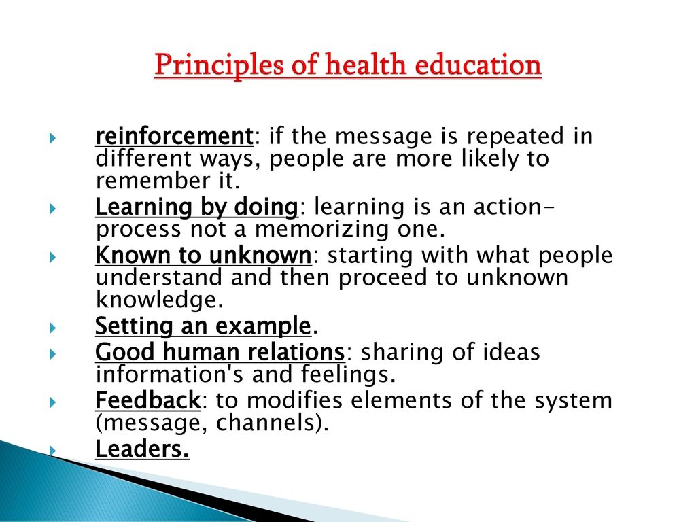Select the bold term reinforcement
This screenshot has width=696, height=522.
(174, 136)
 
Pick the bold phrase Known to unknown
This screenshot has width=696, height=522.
(203, 256)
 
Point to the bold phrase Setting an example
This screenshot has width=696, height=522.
(203, 326)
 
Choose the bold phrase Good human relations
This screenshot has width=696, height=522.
(220, 352)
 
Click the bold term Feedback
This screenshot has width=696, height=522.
(148, 400)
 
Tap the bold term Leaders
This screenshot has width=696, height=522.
(142, 449)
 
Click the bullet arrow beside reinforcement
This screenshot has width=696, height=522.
(53, 138)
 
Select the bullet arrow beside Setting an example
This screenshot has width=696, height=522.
(53, 328)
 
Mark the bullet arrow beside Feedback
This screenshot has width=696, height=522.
(53, 402)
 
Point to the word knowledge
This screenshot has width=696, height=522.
(159, 300)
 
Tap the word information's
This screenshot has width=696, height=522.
(169, 375)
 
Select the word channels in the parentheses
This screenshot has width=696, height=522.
(268, 422)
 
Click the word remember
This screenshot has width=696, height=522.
(153, 181)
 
